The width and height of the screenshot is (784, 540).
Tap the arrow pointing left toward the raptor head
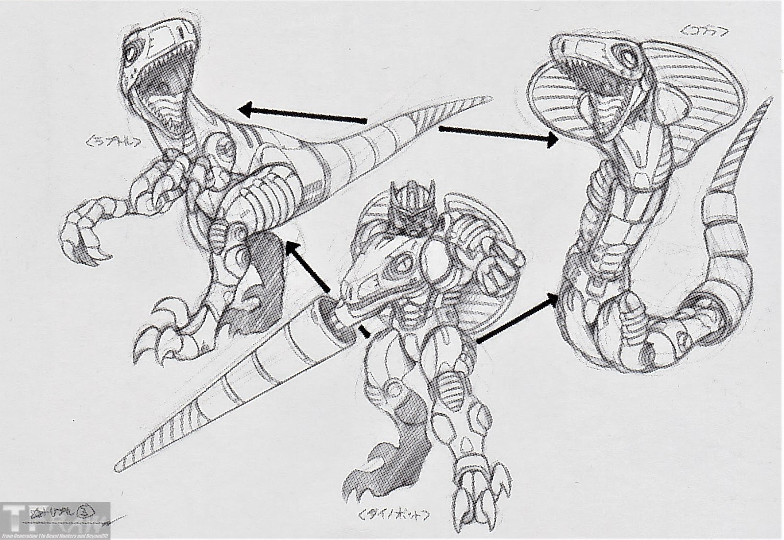(304, 114)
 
